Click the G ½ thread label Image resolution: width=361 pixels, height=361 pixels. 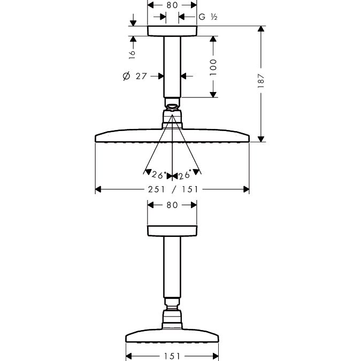[x=208, y=17]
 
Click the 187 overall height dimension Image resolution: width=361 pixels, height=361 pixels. [x=261, y=81]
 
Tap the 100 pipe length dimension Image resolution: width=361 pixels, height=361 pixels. [x=213, y=67]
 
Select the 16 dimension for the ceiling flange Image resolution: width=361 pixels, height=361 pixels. [x=132, y=54]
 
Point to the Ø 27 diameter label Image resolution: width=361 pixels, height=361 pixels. [x=135, y=76]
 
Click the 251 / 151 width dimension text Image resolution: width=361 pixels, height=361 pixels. [x=173, y=189]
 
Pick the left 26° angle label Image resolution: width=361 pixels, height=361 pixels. [x=159, y=175]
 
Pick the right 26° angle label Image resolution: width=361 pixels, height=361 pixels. [x=185, y=174]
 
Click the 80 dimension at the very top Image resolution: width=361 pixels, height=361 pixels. [x=172, y=5]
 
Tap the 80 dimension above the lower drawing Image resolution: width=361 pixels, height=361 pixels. [x=172, y=205]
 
